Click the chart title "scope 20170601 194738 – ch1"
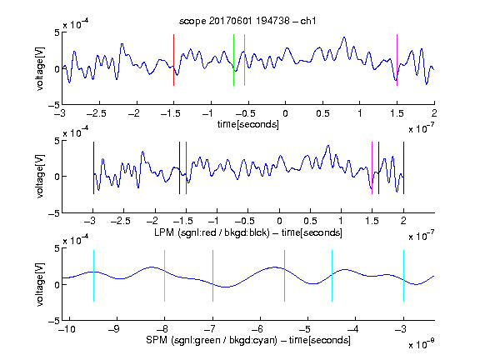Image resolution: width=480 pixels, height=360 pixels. point(247,21)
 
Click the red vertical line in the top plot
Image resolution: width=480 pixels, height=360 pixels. point(173,60)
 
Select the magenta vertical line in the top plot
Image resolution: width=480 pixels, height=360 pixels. point(397,60)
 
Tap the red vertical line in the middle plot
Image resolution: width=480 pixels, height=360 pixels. point(186,167)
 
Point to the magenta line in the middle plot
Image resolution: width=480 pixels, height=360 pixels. point(372,167)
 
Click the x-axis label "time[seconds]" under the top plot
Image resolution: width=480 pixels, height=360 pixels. point(248,124)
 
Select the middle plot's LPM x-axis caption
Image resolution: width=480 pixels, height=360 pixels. point(248,232)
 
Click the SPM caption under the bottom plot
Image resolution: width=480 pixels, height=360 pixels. point(248,340)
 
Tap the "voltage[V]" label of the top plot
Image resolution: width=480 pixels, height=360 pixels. point(39,68)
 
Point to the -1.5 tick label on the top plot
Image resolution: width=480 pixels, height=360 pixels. point(170,113)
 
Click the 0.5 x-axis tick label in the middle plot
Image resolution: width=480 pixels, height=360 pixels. point(310,221)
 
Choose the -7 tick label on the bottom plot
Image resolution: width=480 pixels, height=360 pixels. point(210,329)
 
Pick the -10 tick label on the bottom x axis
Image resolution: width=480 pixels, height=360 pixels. point(67,329)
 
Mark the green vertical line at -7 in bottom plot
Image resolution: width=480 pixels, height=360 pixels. point(212,276)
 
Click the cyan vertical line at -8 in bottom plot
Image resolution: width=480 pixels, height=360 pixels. point(164,276)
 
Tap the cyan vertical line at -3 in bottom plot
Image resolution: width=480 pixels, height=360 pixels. point(403,276)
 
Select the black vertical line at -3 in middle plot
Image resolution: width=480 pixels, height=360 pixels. point(93,167)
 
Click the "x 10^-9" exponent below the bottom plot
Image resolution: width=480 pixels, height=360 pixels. point(422,344)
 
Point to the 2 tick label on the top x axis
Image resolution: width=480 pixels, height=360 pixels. point(434,113)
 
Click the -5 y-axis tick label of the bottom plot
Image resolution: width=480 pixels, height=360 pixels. point(54,321)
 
